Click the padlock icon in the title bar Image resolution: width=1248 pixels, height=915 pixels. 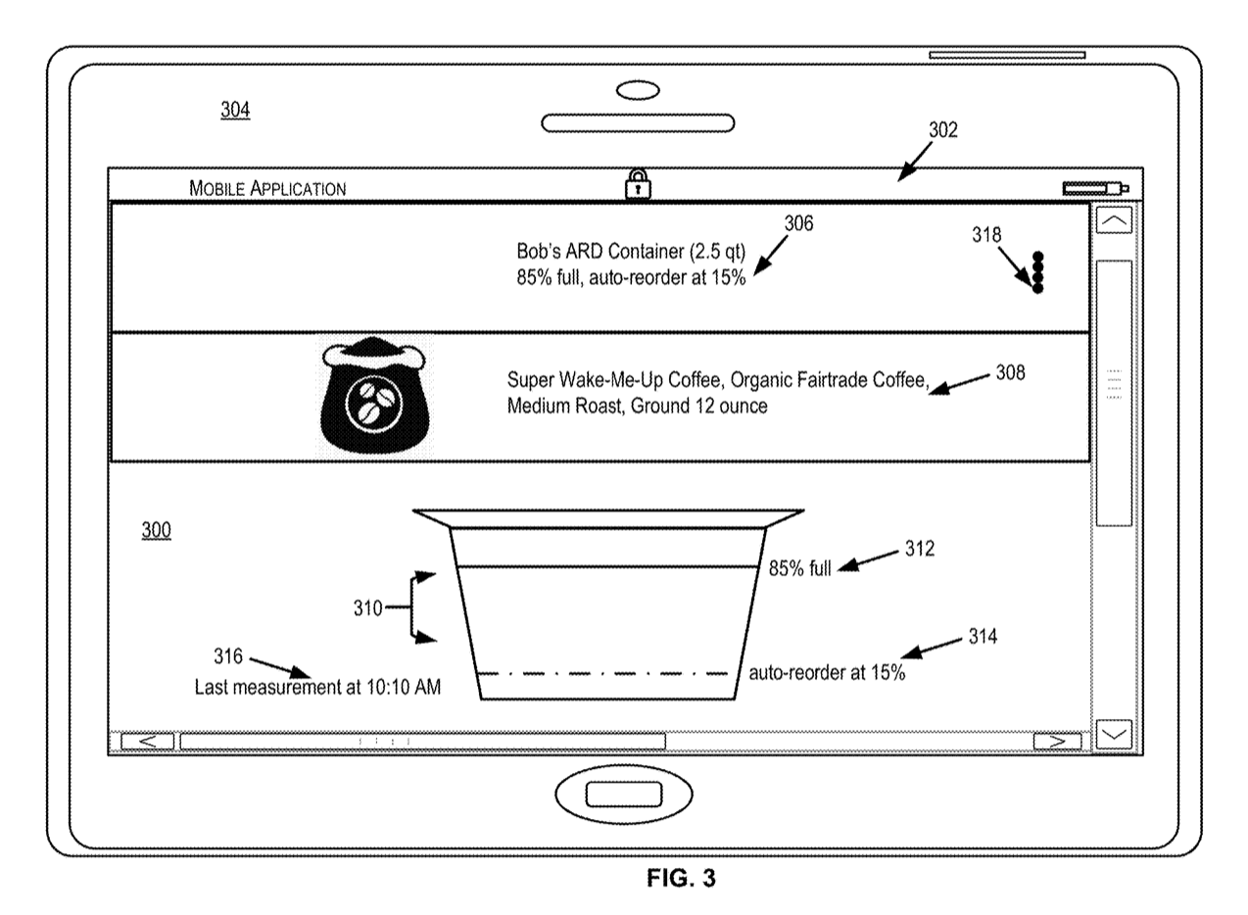(x=638, y=184)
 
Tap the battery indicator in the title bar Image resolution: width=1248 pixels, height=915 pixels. (x=1094, y=188)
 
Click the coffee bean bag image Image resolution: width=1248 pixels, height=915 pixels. (x=375, y=397)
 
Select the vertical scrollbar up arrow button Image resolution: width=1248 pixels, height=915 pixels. (x=1113, y=221)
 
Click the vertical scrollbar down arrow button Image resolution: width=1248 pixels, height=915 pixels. (x=1113, y=733)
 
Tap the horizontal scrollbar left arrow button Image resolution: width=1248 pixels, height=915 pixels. (x=148, y=742)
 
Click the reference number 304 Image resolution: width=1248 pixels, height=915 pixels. (x=235, y=111)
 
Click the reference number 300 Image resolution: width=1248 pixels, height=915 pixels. (x=157, y=531)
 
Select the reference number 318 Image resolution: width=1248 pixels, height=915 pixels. (x=986, y=235)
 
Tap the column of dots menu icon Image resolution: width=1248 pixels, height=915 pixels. (x=1037, y=272)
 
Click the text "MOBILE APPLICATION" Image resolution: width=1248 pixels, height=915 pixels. (x=267, y=188)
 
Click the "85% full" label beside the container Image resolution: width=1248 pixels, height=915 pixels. (x=799, y=568)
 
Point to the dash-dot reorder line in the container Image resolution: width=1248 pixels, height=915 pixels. (x=607, y=673)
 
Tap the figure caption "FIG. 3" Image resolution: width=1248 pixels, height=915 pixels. (x=681, y=879)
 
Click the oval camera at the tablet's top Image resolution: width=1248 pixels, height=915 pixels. (x=638, y=91)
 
